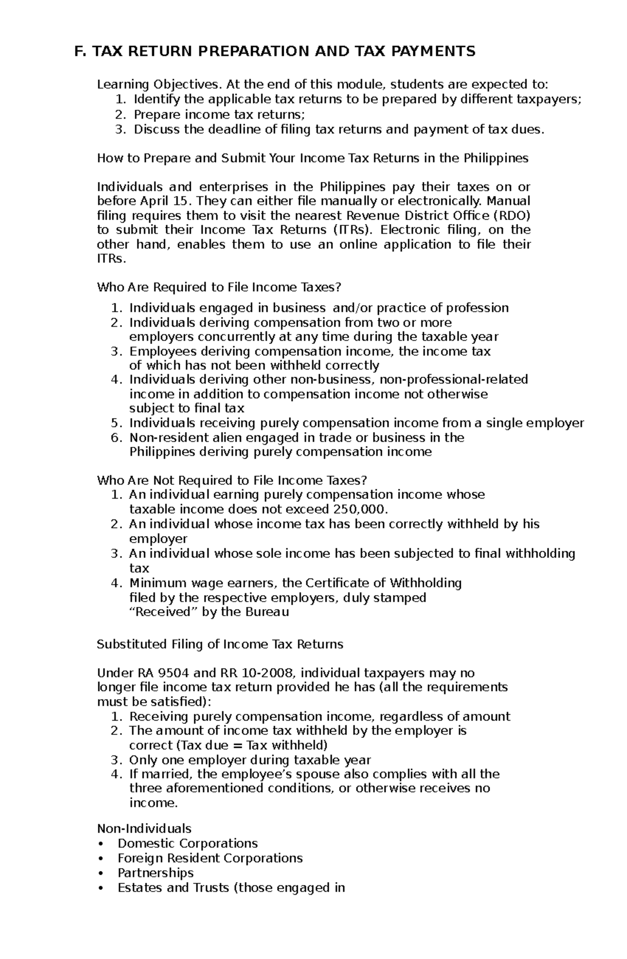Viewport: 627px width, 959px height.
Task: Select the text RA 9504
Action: pos(157,673)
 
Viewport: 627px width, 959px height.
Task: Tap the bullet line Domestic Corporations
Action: pos(188,844)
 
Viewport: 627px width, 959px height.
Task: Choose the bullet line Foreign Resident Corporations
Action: pos(210,858)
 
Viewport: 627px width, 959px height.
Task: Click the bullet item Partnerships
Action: pos(156,873)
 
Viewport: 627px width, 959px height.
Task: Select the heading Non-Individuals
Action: pos(144,829)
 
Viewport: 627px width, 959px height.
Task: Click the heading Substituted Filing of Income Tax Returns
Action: pos(220,644)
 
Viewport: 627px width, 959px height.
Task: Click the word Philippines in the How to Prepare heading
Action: pos(496,158)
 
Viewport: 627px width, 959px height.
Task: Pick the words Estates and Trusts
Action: pos(171,887)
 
